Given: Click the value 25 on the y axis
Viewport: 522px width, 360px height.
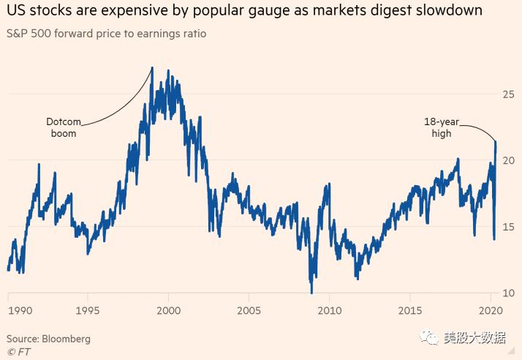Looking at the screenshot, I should pyautogui.click(x=507, y=94).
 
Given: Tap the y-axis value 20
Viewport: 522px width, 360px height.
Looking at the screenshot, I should pyautogui.click(x=507, y=160).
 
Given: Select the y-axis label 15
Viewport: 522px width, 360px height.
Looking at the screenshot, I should pyautogui.click(x=507, y=227).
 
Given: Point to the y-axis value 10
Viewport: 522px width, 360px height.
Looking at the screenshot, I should pyautogui.click(x=507, y=293).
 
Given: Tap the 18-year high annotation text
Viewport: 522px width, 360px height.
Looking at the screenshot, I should pyautogui.click(x=441, y=128).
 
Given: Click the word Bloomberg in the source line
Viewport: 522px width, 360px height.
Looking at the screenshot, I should pyautogui.click(x=67, y=339).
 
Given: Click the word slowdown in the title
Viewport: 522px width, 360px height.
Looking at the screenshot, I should pyautogui.click(x=450, y=11).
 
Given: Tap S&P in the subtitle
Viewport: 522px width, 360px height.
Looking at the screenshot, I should pyautogui.click(x=18, y=34).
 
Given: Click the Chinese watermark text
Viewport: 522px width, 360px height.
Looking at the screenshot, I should pyautogui.click(x=475, y=338).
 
